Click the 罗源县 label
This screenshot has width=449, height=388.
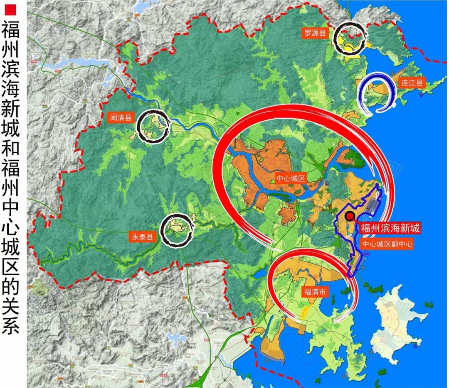(x=314, y=34)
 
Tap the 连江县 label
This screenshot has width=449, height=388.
(x=411, y=82)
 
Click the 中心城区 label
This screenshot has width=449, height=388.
(x=291, y=179)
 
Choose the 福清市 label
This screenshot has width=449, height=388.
(x=315, y=292)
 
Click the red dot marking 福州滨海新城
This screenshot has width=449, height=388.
(x=350, y=216)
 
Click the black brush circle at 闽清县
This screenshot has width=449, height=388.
(x=153, y=127)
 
